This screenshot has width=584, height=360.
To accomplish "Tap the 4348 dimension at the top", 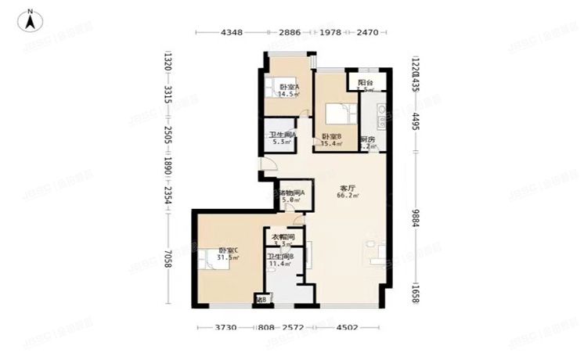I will point(232,33).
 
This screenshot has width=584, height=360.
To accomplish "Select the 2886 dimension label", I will point(290,33).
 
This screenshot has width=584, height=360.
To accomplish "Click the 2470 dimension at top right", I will point(367,33).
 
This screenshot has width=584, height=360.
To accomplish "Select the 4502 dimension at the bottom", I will point(348,329).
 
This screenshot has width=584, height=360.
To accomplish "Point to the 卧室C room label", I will point(229,250).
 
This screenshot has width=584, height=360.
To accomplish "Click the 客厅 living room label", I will point(348,189).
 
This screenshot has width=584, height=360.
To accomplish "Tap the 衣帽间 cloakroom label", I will point(283,237).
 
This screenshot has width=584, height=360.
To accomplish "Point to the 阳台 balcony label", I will point(366,82).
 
